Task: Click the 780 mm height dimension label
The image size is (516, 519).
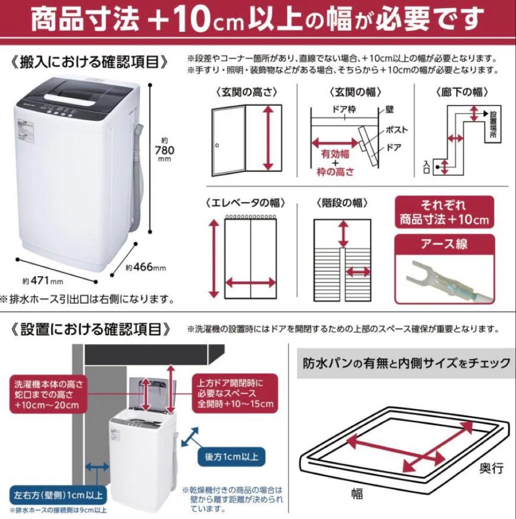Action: pos(165,150)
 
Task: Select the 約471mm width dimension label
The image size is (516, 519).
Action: pos(43,280)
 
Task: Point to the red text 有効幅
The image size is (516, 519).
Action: pos(335,155)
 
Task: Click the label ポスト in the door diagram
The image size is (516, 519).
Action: pos(396,130)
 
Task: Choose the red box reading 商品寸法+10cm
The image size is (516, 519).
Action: pos(444,213)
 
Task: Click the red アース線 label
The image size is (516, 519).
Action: pos(444,244)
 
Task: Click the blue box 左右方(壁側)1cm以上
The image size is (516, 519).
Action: pos(58,494)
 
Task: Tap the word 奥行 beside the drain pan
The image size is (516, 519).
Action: pos(491,467)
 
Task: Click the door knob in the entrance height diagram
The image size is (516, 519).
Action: pos(217,145)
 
